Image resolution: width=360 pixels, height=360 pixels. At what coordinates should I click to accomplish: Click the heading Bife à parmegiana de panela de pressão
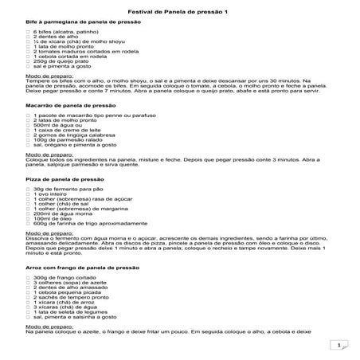83,23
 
